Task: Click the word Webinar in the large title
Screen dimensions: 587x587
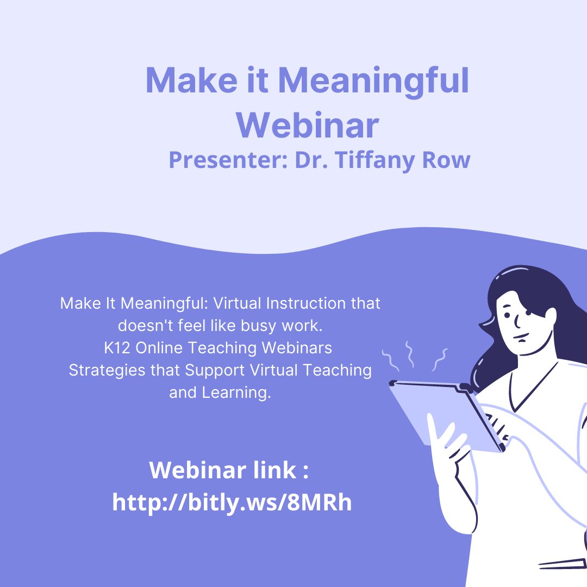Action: [307, 124]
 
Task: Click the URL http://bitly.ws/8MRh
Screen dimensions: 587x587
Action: [232, 502]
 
